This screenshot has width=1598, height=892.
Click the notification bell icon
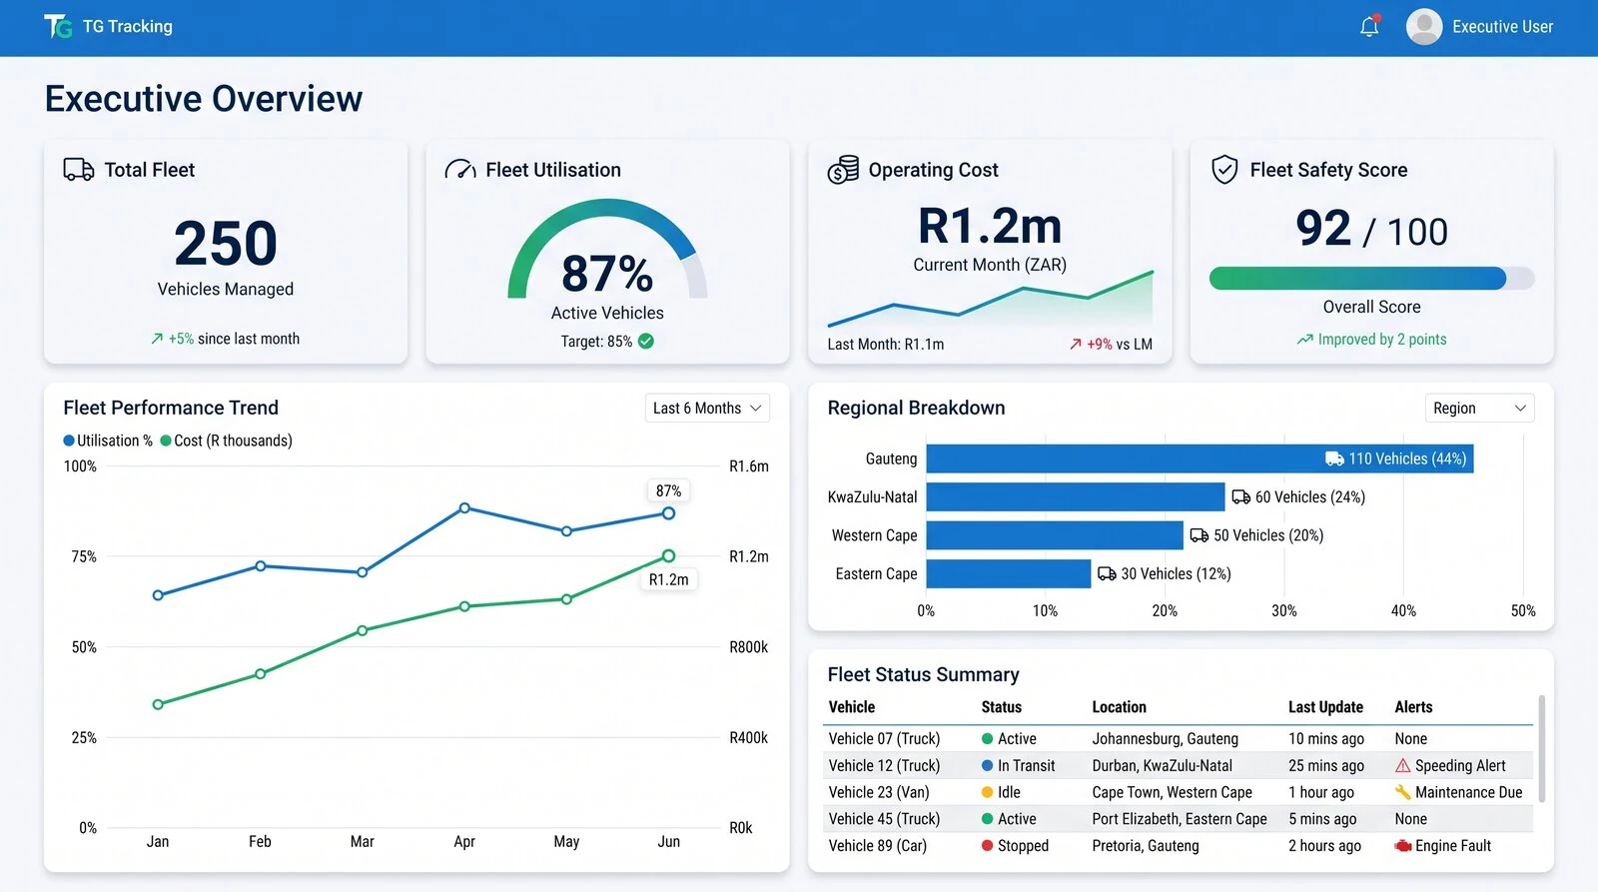point(1369,26)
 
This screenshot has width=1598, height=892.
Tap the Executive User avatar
point(1424,26)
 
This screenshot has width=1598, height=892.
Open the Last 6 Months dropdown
point(707,409)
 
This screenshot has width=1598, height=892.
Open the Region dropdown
point(1479,409)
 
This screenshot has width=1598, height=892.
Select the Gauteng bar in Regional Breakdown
point(1199,458)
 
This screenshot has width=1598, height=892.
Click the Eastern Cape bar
point(1008,573)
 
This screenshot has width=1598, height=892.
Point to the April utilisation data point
point(464,508)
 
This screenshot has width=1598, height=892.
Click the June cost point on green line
point(668,556)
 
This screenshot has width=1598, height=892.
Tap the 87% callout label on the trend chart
point(668,491)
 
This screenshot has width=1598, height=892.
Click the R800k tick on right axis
point(748,647)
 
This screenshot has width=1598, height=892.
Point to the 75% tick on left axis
point(84,556)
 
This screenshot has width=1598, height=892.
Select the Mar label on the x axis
point(363,841)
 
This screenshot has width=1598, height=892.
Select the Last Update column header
point(1325,707)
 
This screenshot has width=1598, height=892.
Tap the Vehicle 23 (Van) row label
point(879,792)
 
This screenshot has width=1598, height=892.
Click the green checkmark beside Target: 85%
point(645,341)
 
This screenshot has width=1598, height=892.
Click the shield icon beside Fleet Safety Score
point(1224,170)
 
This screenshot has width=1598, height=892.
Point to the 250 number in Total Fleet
point(226,243)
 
